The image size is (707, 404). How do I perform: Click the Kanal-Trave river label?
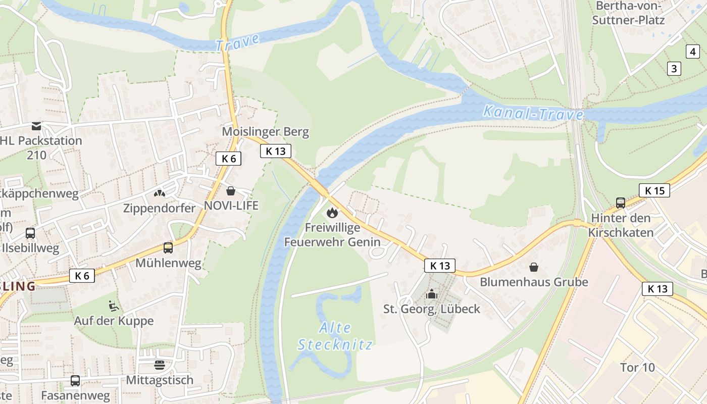[533, 113]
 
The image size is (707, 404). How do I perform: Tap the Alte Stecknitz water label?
[335, 336]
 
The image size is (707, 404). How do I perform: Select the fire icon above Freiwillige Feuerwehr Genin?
[332, 213]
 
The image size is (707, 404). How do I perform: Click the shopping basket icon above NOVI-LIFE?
[231, 191]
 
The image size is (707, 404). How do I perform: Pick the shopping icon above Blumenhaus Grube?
[533, 267]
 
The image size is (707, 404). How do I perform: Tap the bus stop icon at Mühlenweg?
[168, 248]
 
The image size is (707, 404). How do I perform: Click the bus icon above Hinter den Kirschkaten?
[620, 203]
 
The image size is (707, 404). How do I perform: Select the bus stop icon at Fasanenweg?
[75, 381]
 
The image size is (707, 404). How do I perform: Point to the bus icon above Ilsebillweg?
[30, 233]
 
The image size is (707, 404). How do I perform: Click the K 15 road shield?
[654, 190]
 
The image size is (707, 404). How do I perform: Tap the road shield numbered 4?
[692, 51]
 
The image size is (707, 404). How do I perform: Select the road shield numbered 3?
[674, 68]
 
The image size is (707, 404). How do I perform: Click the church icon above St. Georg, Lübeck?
[432, 294]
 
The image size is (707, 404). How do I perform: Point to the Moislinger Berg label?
[265, 132]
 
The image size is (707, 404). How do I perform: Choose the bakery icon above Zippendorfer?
[160, 193]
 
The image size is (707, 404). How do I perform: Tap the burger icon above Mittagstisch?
[160, 365]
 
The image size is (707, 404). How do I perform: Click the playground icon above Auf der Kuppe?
[114, 306]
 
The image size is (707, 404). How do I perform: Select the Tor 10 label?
[637, 367]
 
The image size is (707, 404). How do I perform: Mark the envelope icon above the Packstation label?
[36, 126]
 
